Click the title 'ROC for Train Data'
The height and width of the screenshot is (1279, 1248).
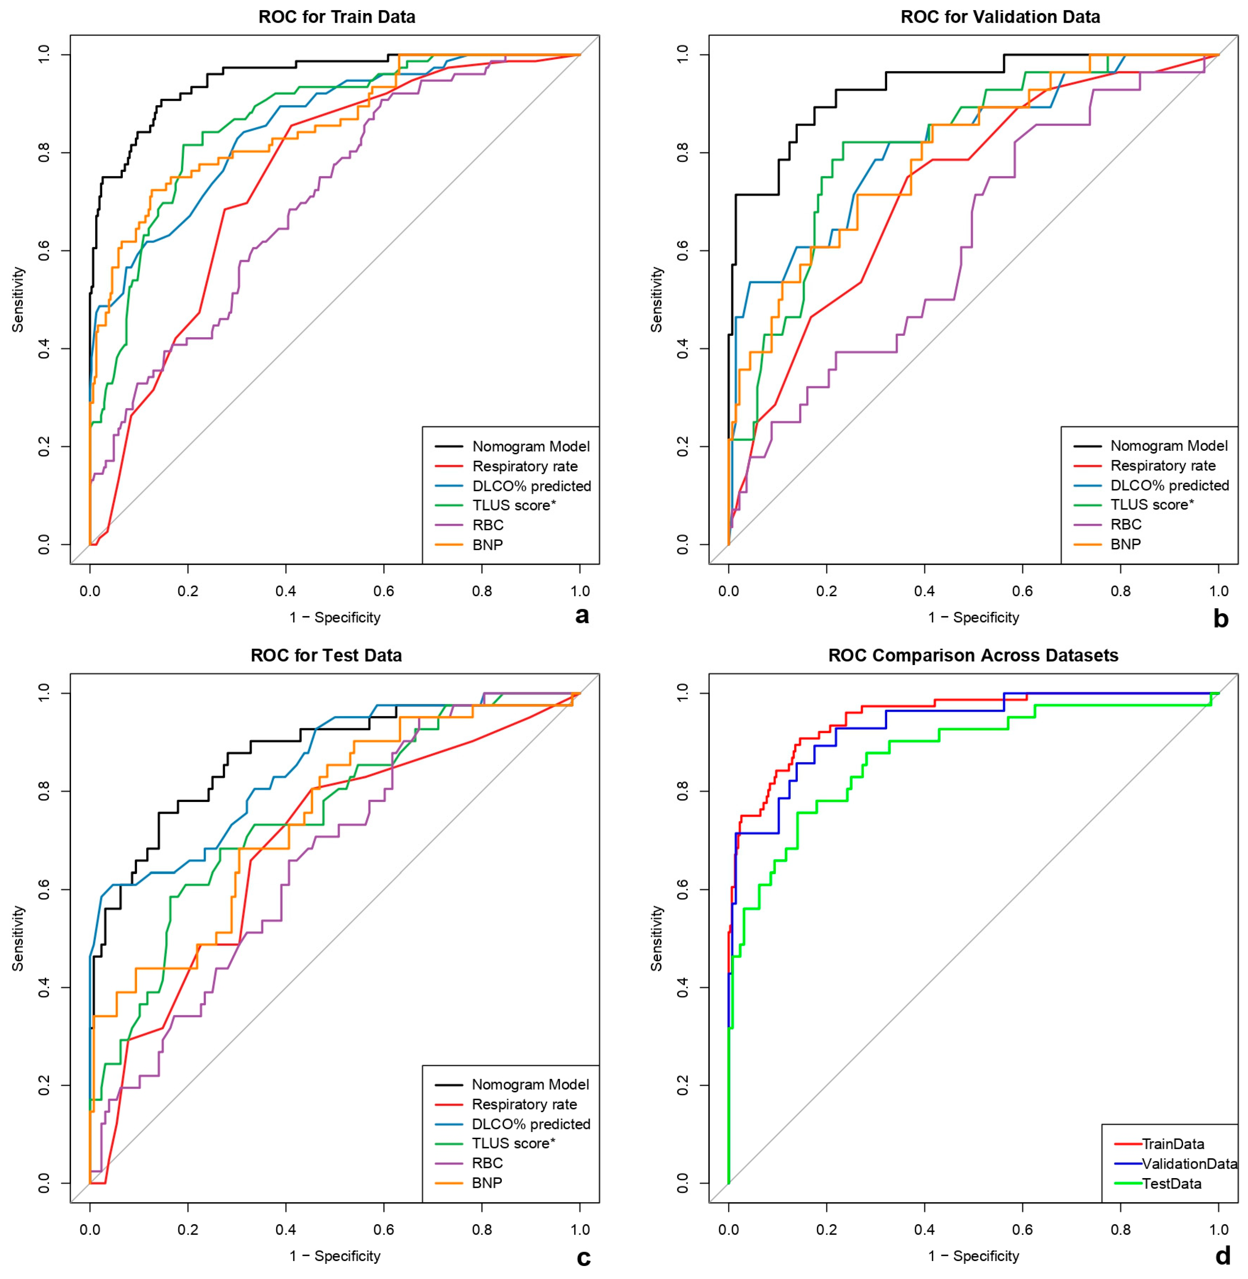337,17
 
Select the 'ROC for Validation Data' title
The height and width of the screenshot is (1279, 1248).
1000,17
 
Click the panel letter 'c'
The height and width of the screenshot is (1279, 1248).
583,1257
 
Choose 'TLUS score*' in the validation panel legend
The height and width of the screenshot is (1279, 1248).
1152,504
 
